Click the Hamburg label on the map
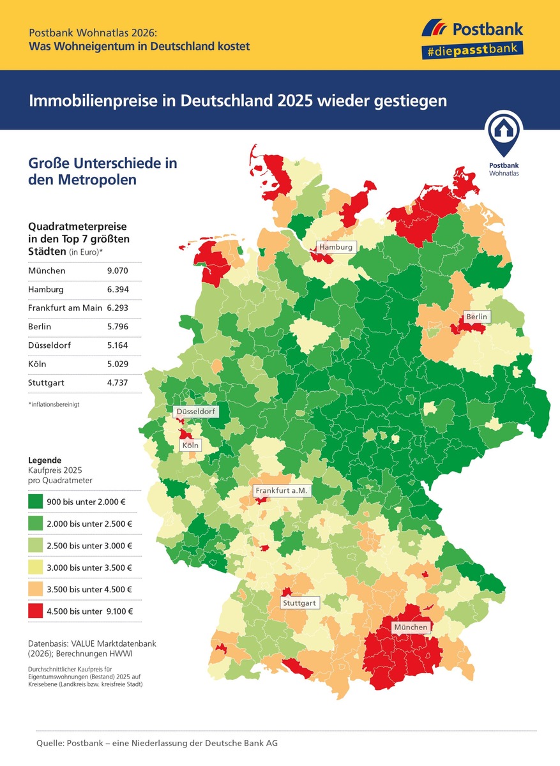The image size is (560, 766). (335, 247)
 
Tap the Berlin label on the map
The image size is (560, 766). (476, 317)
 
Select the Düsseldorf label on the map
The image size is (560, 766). (196, 412)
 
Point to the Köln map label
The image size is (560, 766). (190, 445)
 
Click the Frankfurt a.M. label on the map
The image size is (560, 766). (282, 491)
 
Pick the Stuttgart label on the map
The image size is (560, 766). (299, 603)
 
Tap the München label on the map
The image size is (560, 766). (410, 627)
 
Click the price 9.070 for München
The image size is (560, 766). (119, 271)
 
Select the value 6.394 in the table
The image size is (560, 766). (119, 290)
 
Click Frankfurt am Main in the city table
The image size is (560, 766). (65, 309)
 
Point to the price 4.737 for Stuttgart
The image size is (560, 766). (119, 384)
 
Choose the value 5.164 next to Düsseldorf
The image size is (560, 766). (119, 346)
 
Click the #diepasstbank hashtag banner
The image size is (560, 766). (472, 50)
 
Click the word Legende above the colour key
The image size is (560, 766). (45, 460)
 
